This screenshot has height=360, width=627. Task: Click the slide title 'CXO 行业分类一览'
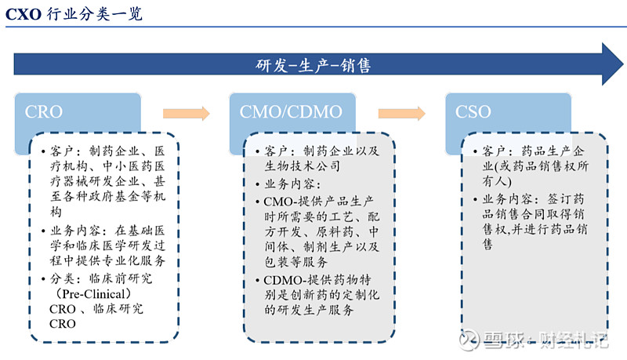pyautogui.click(x=74, y=13)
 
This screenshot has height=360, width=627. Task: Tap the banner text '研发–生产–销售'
pyautogui.click(x=313, y=65)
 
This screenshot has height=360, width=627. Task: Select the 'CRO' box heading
pyautogui.click(x=44, y=112)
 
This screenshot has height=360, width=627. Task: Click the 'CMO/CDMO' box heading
pyautogui.click(x=287, y=112)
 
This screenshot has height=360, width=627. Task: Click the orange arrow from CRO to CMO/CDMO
pyautogui.click(x=186, y=114)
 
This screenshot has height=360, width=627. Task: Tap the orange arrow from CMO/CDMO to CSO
pyautogui.click(x=402, y=114)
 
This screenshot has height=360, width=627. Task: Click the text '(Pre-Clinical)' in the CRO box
pyautogui.click(x=88, y=293)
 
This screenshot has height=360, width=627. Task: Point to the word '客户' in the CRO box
pyautogui.click(x=63, y=151)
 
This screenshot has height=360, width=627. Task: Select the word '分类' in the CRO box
pyautogui.click(x=63, y=278)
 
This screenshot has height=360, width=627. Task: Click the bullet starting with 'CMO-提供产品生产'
pyautogui.click(x=321, y=202)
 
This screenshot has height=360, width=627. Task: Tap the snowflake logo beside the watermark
pyautogui.click(x=471, y=340)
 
